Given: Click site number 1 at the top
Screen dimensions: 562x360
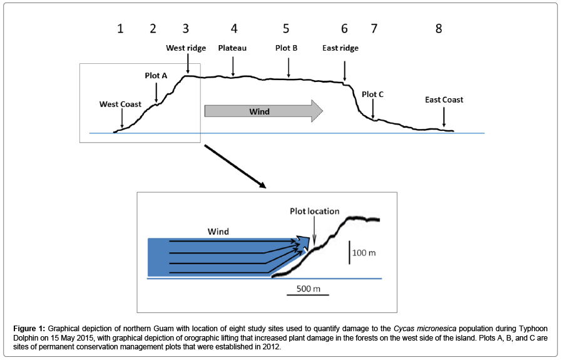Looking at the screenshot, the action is click(x=120, y=29).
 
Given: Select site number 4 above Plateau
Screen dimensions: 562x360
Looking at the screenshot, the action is click(x=234, y=29).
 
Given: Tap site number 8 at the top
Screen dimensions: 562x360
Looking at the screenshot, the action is click(x=439, y=29).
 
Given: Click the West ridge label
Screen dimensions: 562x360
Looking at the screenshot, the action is click(x=186, y=48).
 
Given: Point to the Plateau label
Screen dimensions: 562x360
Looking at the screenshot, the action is click(x=232, y=48).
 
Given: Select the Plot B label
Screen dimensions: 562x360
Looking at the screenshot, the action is click(x=287, y=48).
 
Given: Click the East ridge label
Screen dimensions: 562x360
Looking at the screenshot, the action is click(x=340, y=48).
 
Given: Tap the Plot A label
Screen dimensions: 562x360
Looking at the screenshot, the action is click(x=156, y=76).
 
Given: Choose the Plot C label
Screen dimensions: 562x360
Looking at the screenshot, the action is click(x=372, y=95).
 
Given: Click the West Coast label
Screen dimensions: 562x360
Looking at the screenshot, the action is click(x=120, y=105).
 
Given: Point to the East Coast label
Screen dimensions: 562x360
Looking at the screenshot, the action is click(x=444, y=100).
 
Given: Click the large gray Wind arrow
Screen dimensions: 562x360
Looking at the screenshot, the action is click(x=263, y=111).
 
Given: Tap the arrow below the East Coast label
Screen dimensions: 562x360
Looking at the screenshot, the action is click(x=444, y=117).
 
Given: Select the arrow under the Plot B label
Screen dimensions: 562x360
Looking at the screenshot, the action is click(x=289, y=68).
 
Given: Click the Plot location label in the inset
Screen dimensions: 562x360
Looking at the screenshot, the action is click(x=315, y=211).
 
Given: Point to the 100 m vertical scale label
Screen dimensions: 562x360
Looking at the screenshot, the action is click(x=364, y=253).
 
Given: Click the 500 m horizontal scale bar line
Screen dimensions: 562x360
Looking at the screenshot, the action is click(x=308, y=295).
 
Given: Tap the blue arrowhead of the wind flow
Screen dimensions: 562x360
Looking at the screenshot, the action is click(x=304, y=242).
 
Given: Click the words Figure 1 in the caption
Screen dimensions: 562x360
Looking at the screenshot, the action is click(x=29, y=329).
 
